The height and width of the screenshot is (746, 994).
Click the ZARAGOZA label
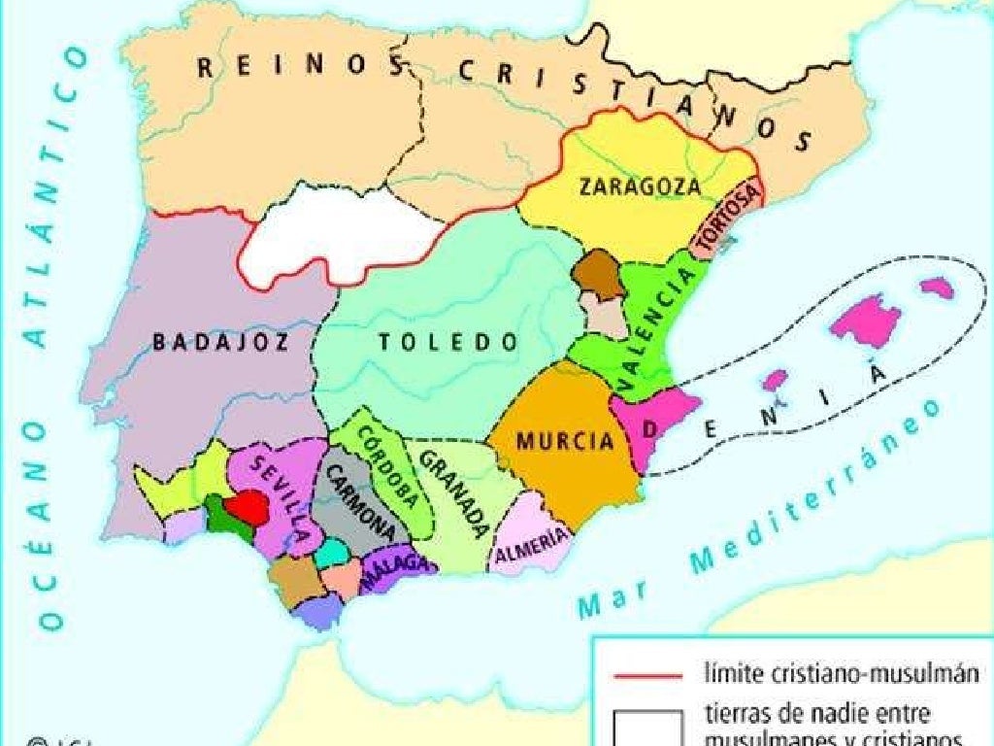coord(639,186)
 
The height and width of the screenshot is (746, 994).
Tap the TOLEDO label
coord(447,342)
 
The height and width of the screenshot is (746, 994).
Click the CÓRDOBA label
coord(391,466)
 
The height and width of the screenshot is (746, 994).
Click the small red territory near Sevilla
coord(246,506)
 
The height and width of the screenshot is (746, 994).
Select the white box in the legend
coord(646,727)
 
